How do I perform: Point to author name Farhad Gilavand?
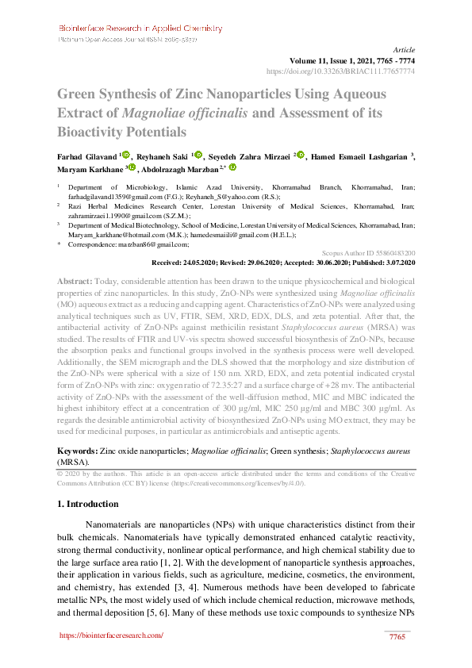(86, 156)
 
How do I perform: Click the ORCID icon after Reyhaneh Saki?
(198, 155)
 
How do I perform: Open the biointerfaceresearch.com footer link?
(111, 635)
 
